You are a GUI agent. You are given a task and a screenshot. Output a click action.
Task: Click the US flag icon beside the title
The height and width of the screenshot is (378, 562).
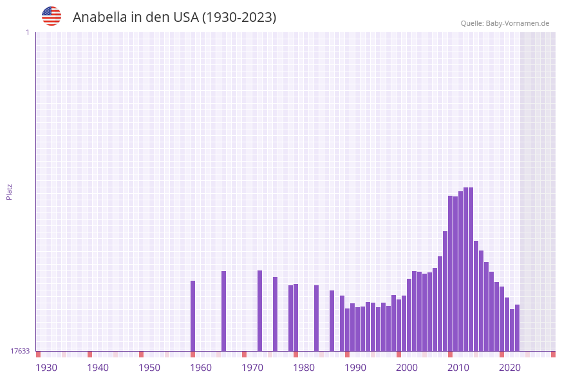point(52,16)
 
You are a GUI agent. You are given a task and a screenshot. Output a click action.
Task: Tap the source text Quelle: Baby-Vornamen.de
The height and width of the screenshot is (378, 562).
point(505,23)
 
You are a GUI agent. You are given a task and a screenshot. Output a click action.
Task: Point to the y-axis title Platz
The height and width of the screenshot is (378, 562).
point(9,191)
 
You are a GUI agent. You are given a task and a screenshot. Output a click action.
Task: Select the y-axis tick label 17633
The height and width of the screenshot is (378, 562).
point(20,351)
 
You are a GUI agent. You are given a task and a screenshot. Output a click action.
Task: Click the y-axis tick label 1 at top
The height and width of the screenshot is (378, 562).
point(27,32)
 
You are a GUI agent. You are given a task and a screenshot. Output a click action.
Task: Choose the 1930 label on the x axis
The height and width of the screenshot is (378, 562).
point(46,368)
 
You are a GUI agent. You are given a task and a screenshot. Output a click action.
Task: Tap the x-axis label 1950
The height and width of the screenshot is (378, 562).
point(149,368)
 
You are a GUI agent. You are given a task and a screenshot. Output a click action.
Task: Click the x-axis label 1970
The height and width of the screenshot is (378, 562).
point(252,368)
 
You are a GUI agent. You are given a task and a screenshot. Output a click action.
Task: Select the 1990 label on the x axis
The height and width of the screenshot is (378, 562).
point(355,368)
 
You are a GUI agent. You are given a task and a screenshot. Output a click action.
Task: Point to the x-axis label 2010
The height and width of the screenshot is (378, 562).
point(458,368)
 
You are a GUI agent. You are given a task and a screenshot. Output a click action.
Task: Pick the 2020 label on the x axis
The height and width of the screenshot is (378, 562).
point(510,368)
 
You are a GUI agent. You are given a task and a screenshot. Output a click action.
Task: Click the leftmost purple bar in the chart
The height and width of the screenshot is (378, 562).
point(192,316)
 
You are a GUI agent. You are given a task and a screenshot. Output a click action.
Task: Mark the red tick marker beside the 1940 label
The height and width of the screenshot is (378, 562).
point(89,354)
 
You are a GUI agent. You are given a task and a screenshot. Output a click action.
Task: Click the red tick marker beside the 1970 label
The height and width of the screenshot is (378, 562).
point(244,354)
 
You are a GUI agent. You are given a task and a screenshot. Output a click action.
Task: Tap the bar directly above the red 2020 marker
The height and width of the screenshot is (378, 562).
point(501,318)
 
